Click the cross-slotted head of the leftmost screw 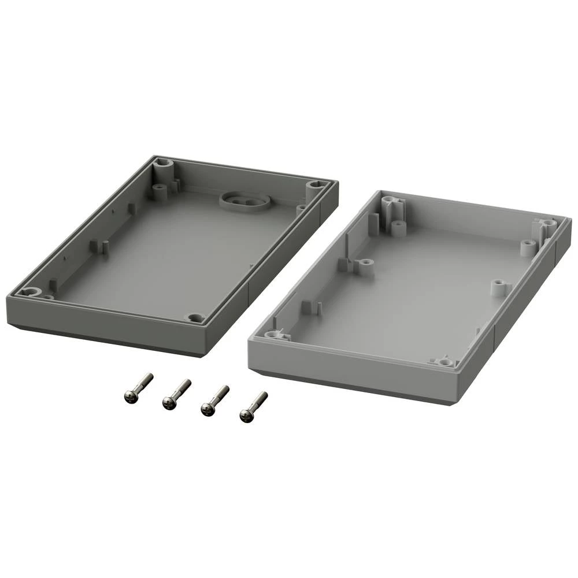131,397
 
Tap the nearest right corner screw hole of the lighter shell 444,362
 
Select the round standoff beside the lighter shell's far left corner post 398,227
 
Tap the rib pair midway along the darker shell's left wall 98,247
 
